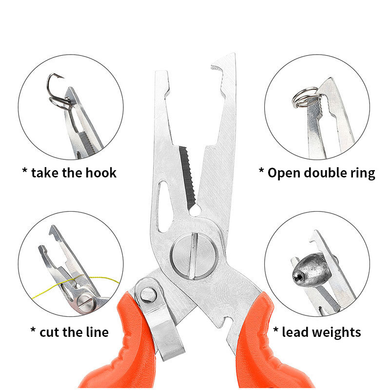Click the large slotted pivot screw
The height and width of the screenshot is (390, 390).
[194, 256]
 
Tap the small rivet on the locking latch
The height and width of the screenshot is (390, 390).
[149, 295]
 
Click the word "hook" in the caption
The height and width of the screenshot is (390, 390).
[101, 173]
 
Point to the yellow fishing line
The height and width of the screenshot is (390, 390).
[75, 284]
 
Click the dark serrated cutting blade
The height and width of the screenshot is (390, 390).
[188, 177]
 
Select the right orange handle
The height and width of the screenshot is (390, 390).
[266, 348]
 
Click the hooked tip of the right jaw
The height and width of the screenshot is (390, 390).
[216, 67]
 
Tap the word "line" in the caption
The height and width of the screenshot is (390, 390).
[97, 332]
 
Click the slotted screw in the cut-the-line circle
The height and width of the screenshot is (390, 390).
[86, 303]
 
